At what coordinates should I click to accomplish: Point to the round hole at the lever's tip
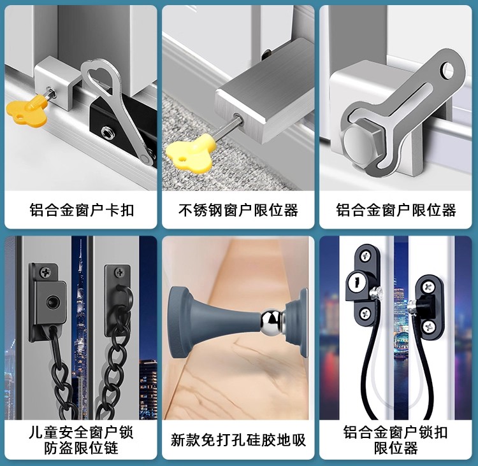point(448,70)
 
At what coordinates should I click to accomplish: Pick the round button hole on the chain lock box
point(52,302)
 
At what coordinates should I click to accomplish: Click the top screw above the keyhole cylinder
point(365,256)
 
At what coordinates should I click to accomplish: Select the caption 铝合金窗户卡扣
point(82,210)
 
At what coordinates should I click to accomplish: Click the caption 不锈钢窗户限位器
point(238,210)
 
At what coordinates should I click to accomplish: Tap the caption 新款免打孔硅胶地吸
point(238,440)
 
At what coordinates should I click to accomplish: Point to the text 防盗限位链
point(81,448)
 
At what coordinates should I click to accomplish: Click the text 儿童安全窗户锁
point(81,432)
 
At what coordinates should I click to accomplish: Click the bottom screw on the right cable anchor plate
point(428,327)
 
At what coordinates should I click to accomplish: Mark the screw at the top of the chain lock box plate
point(46,272)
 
